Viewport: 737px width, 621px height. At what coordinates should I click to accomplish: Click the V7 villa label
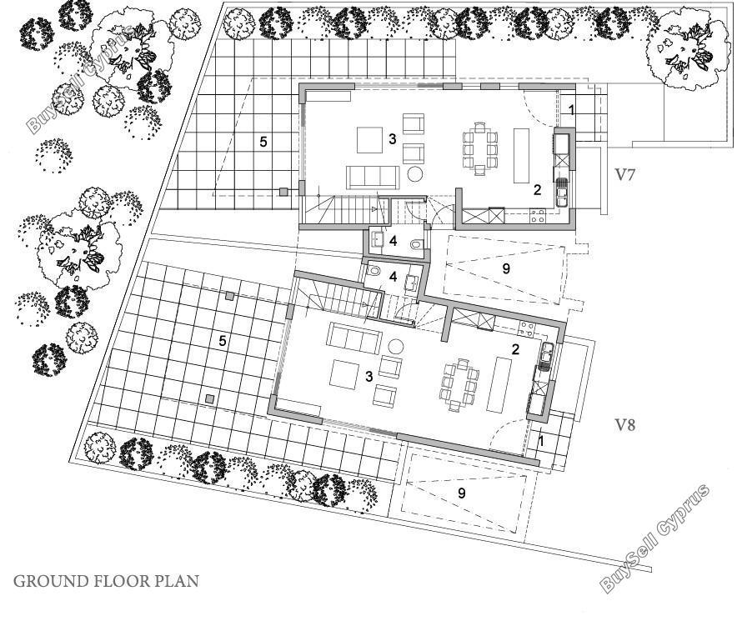[x=625, y=175]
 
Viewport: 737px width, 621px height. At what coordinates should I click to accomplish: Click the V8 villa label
[x=625, y=425]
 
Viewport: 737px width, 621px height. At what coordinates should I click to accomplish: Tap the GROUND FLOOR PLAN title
[x=106, y=581]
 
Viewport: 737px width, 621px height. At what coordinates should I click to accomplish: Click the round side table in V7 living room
[x=415, y=174]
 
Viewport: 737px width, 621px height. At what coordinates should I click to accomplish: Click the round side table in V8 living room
[x=396, y=348]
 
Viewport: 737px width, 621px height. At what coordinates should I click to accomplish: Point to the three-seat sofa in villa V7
[x=373, y=178]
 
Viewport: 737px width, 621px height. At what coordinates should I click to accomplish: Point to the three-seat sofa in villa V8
[x=355, y=338]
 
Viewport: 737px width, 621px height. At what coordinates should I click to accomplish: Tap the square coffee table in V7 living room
[x=369, y=140]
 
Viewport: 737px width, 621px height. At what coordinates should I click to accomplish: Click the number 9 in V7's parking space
[x=506, y=268]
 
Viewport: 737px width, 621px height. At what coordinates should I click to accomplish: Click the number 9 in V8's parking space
[x=462, y=493]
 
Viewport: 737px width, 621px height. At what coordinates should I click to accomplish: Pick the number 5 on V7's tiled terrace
[x=263, y=142]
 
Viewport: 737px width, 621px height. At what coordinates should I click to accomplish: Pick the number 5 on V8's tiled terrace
[x=223, y=341]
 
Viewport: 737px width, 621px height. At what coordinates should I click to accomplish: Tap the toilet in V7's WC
[x=416, y=244]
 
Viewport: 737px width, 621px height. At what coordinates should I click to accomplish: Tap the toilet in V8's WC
[x=374, y=272]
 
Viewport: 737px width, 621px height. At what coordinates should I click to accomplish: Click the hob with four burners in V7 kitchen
[x=537, y=216]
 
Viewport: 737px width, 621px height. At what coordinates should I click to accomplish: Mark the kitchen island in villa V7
[x=521, y=155]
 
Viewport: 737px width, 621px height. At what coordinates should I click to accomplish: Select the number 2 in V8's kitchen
[x=515, y=349]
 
